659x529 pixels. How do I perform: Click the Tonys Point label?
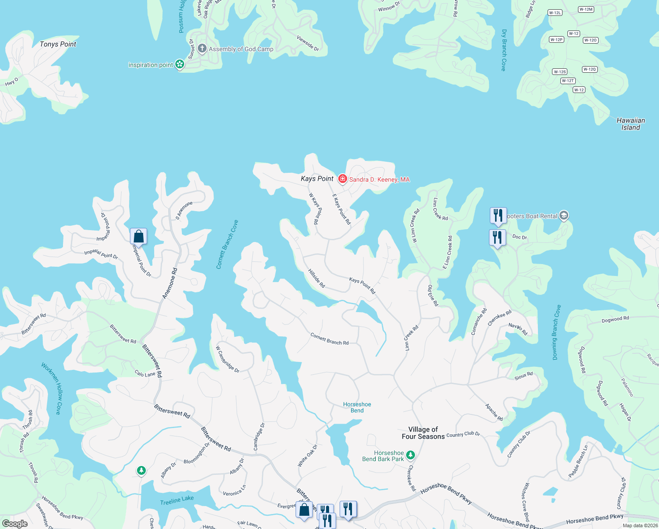58,44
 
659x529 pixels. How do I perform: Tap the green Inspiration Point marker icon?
180,64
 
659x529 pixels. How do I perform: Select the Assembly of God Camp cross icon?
202,48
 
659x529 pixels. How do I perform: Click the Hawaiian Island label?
630,124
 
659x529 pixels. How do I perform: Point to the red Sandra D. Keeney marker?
342,179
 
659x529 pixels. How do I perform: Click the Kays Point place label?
317,179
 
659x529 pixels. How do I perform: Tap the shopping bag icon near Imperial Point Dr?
138,236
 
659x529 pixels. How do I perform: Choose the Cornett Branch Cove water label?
227,244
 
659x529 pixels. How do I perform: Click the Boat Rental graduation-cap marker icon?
564,216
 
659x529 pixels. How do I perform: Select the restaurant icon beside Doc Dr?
497,238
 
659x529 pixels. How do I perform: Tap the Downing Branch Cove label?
557,332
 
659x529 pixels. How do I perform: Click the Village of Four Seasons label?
423,433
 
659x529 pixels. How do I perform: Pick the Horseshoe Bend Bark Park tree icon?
411,454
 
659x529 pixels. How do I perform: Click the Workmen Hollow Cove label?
52,388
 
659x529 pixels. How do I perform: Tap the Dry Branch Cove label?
504,50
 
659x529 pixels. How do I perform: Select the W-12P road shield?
556,40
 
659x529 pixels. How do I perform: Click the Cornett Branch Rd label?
329,339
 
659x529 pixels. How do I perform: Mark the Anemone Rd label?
170,283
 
